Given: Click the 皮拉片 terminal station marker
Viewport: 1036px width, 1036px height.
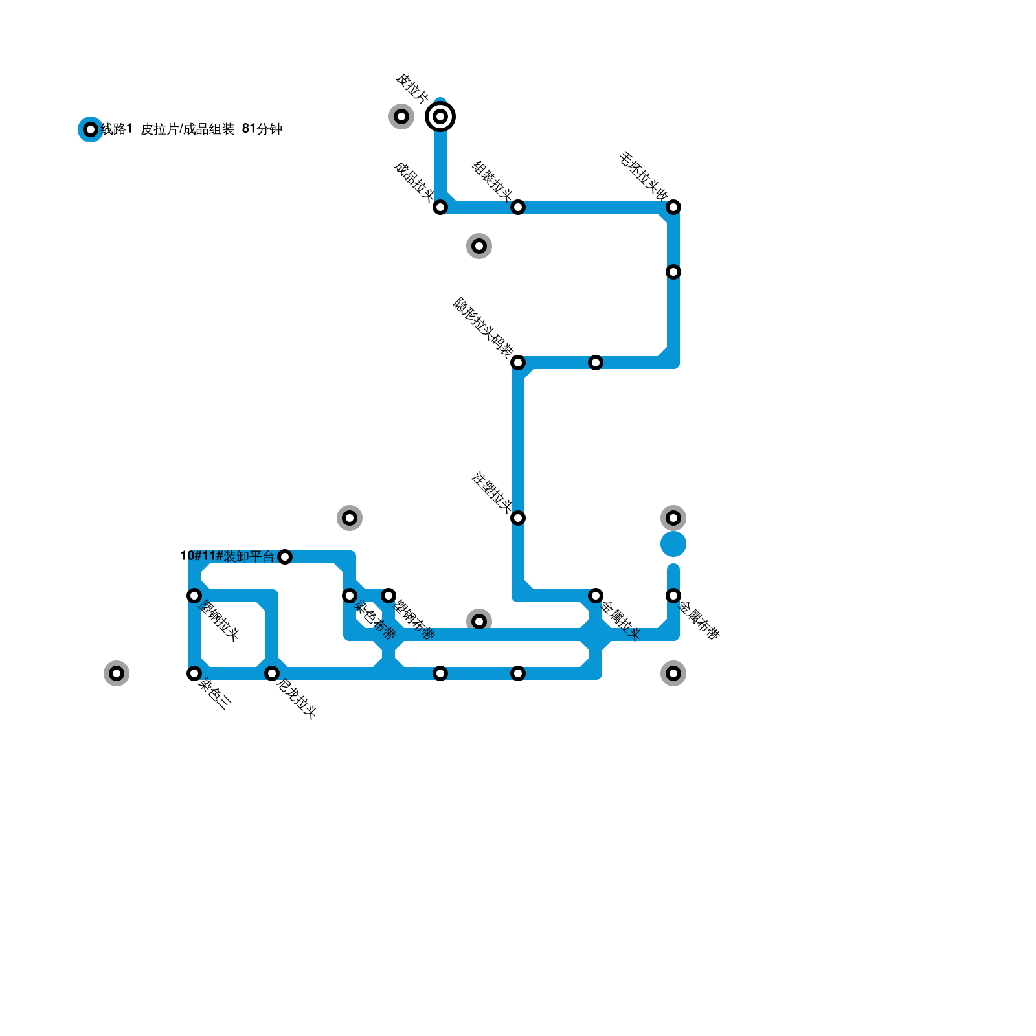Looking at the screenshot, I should click(x=440, y=117).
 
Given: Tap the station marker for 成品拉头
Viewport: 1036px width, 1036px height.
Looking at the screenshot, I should click(x=440, y=207).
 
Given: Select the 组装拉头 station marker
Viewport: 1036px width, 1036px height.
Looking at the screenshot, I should click(x=518, y=207).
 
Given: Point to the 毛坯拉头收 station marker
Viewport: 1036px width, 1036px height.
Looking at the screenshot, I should click(x=673, y=207).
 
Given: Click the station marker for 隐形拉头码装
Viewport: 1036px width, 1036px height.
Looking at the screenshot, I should click(x=518, y=363).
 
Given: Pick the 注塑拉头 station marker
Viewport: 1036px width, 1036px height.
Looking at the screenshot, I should click(x=518, y=518).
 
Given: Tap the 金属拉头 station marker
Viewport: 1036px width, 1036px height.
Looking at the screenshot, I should click(x=596, y=596).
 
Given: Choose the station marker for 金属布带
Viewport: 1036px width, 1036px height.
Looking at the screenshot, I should click(x=673, y=596).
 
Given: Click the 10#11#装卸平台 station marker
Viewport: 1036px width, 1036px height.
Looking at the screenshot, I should click(x=285, y=557).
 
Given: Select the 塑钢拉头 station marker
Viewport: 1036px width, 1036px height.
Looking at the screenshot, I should click(x=194, y=596).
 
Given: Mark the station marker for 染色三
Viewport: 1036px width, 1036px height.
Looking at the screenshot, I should click(x=194, y=673).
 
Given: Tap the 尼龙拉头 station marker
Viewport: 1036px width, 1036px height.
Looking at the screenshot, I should click(x=272, y=673).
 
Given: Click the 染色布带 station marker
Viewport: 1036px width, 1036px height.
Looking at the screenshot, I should click(x=350, y=596).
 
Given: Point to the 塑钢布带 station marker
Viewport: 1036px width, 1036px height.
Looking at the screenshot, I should click(x=388, y=596).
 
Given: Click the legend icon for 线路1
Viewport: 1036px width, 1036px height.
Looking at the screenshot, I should click(x=91, y=129).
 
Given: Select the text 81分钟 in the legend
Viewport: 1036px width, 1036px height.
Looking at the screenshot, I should click(x=262, y=129).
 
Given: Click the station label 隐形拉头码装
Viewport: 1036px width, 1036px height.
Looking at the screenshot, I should click(x=483, y=328).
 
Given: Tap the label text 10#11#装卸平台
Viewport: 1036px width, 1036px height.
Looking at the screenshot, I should click(x=227, y=556).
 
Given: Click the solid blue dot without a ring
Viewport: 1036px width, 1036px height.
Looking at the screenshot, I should click(x=673, y=544).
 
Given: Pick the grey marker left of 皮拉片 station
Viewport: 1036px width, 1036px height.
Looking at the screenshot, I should click(x=401, y=117).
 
